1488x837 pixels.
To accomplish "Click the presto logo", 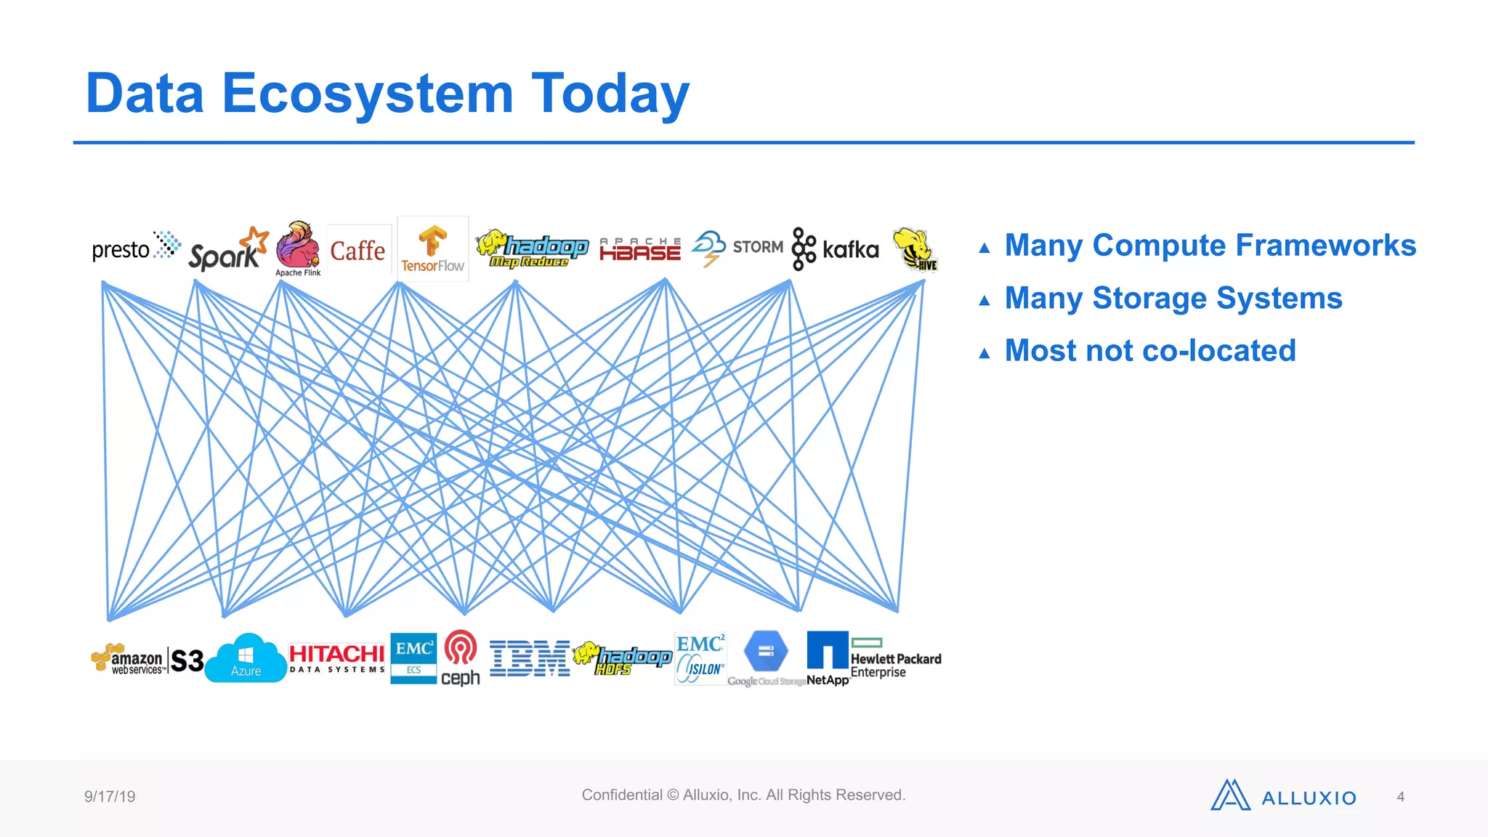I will point(135,248).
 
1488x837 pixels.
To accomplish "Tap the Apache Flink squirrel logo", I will point(298,247).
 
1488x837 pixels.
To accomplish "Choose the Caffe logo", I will point(357,251).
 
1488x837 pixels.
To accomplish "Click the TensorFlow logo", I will point(432,249).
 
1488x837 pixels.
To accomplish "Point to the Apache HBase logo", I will point(640,249).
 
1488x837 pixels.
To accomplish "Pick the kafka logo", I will point(835,249).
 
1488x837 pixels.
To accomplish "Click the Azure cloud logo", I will point(246,660).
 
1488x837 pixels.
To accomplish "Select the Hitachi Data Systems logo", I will point(336,658).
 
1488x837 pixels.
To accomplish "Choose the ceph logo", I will point(461,658).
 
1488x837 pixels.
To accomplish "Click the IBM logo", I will point(530,658).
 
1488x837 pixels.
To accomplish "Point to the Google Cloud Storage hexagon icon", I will point(766,651).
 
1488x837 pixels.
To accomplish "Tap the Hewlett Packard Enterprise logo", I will point(896,658).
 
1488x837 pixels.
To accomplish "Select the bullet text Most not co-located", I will point(1149,351).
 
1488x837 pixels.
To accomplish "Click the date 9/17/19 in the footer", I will point(110,796).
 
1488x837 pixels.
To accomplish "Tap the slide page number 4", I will point(1400,797).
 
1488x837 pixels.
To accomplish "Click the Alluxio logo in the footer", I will point(1283,796).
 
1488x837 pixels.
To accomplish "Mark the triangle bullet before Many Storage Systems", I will point(984,301).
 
